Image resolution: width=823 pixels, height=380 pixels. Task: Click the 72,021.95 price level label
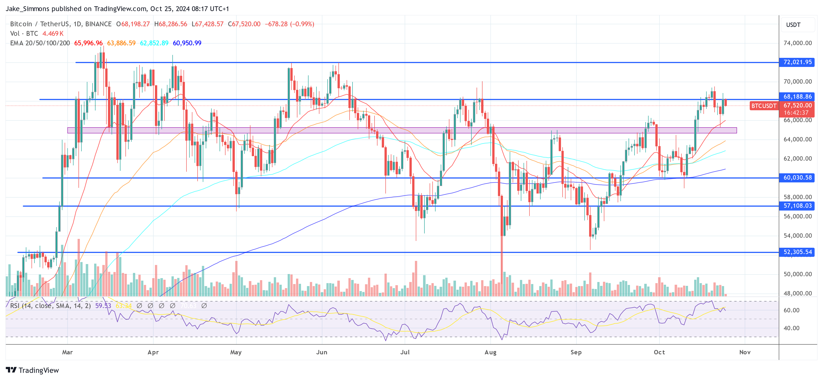(797, 62)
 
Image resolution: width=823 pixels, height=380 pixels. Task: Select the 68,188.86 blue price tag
(797, 96)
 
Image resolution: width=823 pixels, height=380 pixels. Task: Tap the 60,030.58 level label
(797, 178)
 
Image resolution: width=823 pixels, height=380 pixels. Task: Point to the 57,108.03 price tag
(797, 206)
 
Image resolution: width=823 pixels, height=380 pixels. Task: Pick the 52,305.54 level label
(797, 252)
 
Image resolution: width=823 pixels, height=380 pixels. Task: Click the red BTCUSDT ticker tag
(763, 106)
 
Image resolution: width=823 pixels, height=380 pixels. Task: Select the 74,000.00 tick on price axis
(797, 43)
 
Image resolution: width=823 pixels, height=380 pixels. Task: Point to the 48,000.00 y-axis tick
(797, 293)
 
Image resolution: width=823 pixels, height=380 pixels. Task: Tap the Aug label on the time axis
(490, 352)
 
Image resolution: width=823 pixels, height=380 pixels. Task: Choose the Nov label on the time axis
(745, 352)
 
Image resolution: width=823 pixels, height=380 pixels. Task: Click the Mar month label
(67, 352)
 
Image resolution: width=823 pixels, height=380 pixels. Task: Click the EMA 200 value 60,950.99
(187, 43)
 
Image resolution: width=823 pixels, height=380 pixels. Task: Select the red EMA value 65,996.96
(88, 43)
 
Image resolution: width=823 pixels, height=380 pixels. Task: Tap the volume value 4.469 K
(53, 34)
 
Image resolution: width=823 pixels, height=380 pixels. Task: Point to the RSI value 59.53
(103, 306)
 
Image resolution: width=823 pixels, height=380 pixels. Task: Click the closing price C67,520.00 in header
(244, 24)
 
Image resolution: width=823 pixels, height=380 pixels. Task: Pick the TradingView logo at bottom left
(32, 370)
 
